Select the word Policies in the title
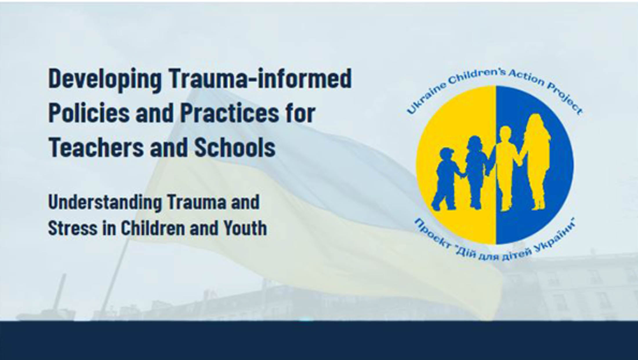tap(89, 113)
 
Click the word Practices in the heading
tap(229, 113)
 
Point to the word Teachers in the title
tap(96, 147)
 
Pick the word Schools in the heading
tap(235, 147)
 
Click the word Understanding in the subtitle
tap(105, 202)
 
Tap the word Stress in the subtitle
tap(72, 228)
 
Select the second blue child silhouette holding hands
tap(476, 171)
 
